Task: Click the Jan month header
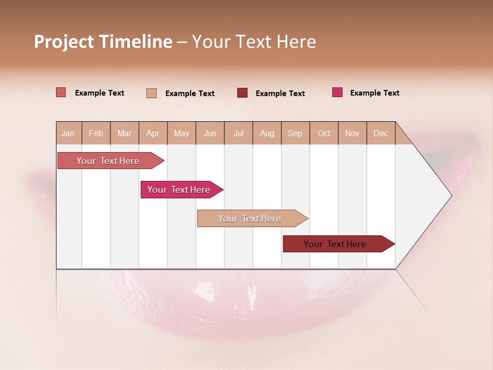[68, 133]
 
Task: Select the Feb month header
[96, 133]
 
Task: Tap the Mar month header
[124, 133]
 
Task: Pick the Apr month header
[153, 133]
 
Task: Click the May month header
[181, 133]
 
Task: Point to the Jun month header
[210, 133]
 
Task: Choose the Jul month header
[238, 133]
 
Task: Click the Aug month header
[267, 133]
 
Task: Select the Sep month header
[295, 133]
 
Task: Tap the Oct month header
[324, 133]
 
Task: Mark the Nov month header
[352, 133]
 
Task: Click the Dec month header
[381, 133]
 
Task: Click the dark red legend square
[242, 93]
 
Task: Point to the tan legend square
[151, 93]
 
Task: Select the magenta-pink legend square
[337, 92]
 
